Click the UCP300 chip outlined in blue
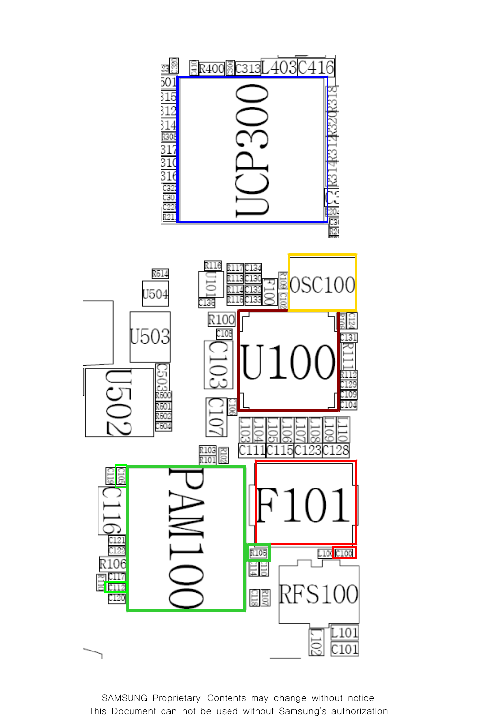tap(253, 149)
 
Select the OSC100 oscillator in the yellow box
tap(322, 283)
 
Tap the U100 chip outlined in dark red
tap(289, 361)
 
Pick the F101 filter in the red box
tap(305, 503)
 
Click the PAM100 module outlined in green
tap(186, 539)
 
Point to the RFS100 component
tap(319, 594)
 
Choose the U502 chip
tap(119, 403)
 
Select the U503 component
tap(150, 337)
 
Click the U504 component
tap(155, 294)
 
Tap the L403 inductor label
tap(279, 67)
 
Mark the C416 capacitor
tap(316, 67)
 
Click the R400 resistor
tap(212, 68)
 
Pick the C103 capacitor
tap(218, 364)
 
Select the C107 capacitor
tap(216, 417)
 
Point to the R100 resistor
tap(222, 320)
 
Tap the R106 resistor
tap(113, 564)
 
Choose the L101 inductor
tap(345, 632)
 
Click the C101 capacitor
tap(345, 649)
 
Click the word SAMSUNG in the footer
tap(125, 698)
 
